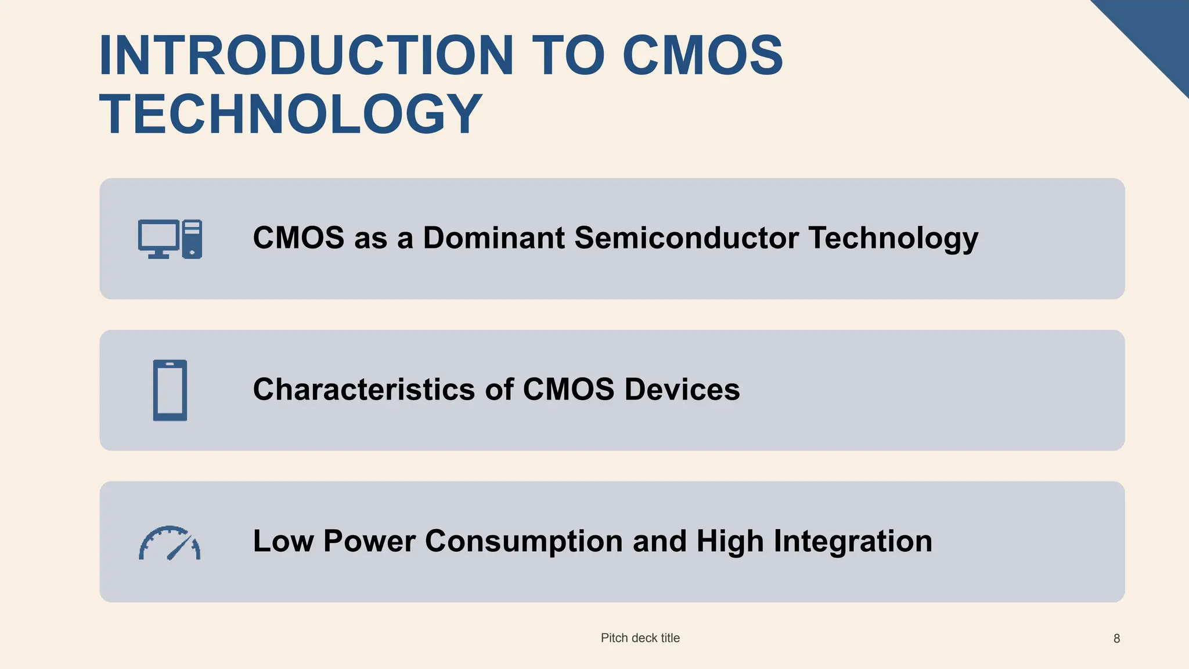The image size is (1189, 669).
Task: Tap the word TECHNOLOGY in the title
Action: click(290, 114)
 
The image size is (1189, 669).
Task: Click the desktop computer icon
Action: click(170, 239)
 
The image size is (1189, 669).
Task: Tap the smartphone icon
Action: click(170, 390)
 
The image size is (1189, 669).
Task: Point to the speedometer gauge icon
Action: click(170, 544)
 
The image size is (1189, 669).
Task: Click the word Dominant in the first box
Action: click(493, 238)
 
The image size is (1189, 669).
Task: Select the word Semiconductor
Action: click(686, 238)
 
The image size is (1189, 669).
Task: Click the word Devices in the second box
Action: click(682, 389)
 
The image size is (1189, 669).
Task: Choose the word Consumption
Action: click(524, 541)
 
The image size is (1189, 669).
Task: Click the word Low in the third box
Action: click(283, 541)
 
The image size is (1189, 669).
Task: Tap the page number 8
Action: click(1116, 639)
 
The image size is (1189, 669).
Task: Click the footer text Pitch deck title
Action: click(640, 638)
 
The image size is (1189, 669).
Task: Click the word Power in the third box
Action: click(369, 541)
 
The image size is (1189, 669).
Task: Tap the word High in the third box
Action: click(730, 541)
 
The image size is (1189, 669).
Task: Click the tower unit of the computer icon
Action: click(192, 239)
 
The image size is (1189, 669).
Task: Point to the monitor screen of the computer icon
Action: click(158, 235)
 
